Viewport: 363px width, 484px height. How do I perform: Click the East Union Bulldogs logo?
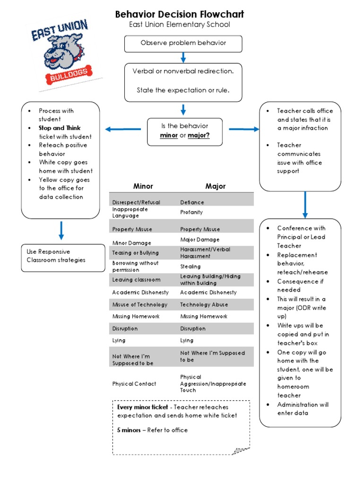(63, 55)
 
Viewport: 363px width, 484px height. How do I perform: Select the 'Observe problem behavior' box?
(183, 43)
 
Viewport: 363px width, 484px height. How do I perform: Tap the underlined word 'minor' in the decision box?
(169, 136)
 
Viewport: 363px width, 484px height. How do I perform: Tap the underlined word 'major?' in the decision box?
(199, 136)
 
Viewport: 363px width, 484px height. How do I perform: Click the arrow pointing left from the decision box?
(122, 129)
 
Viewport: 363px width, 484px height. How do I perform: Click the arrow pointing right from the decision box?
(244, 129)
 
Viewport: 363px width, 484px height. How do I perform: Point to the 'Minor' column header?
(143, 186)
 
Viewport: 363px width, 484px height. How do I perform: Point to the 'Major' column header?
(215, 186)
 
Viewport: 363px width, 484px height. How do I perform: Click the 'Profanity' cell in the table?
(191, 212)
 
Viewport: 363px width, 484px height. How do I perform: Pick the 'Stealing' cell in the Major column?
(190, 267)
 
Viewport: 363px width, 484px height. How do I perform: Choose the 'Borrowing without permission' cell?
(135, 267)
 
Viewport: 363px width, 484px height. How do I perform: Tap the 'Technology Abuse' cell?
(204, 305)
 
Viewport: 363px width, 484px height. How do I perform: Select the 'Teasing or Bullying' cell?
(135, 253)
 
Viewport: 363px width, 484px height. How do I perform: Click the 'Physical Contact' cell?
(134, 384)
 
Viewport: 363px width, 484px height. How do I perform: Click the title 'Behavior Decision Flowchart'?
(180, 14)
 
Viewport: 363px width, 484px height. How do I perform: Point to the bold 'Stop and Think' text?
(60, 128)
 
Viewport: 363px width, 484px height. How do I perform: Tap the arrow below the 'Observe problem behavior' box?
(183, 57)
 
